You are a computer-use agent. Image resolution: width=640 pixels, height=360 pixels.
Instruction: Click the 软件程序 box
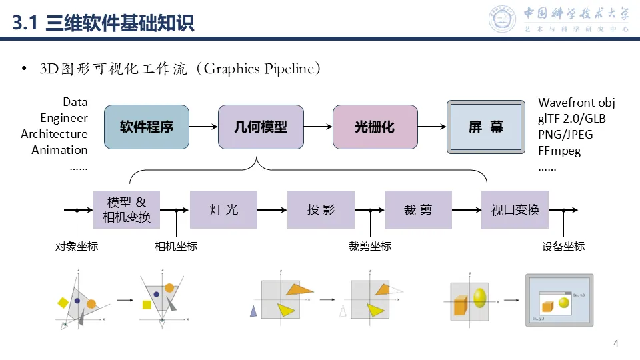tap(147, 127)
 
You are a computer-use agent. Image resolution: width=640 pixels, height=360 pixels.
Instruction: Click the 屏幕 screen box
tap(485, 127)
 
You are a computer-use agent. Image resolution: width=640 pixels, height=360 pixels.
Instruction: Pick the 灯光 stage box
tap(223, 210)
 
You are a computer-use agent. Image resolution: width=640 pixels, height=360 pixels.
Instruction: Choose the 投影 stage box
tap(321, 210)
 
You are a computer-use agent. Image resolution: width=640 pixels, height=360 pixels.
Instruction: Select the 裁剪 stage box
tap(418, 210)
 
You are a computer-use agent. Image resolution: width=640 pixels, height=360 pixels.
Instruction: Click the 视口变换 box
tap(515, 210)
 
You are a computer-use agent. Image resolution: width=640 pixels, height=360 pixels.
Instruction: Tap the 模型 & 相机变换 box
tap(127, 210)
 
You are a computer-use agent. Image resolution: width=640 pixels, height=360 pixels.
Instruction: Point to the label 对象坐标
tap(77, 247)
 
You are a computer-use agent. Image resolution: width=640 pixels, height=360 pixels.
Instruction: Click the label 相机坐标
tap(176, 247)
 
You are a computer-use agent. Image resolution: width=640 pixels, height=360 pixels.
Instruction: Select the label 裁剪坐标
tap(370, 247)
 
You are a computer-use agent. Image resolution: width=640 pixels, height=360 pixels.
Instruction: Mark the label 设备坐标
tap(564, 247)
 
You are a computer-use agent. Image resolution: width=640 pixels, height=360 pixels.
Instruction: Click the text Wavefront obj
tap(576, 103)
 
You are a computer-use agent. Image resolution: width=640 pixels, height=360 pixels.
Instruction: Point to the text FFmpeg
tap(559, 151)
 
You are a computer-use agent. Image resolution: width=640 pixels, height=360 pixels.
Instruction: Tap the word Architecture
tap(54, 134)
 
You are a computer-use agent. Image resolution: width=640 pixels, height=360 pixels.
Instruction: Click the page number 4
tap(615, 344)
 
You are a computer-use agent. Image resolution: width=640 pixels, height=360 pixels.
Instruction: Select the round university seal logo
tap(503, 19)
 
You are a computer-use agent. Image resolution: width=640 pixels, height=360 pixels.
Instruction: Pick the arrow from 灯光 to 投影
tap(272, 210)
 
